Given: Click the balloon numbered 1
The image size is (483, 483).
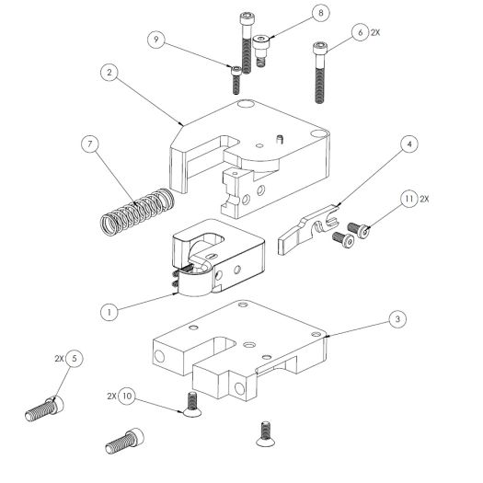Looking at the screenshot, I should [109, 312].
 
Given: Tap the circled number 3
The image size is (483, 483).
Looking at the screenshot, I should [396, 318].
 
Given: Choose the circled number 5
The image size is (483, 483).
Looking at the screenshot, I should [74, 356].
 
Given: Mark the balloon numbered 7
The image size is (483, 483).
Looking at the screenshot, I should [89, 145].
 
